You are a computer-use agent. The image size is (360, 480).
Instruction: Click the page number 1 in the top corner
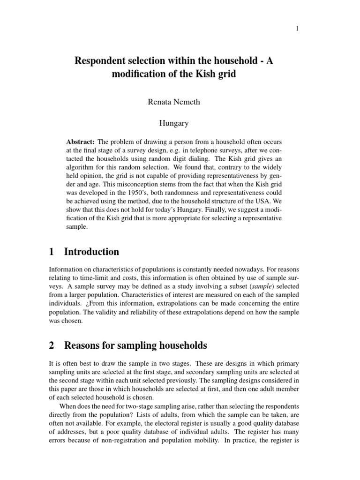point(297,29)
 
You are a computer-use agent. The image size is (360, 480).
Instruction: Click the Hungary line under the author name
point(173,123)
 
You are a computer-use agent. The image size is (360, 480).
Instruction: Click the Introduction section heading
point(91,252)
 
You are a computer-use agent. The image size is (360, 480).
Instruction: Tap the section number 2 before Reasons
point(52,346)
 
